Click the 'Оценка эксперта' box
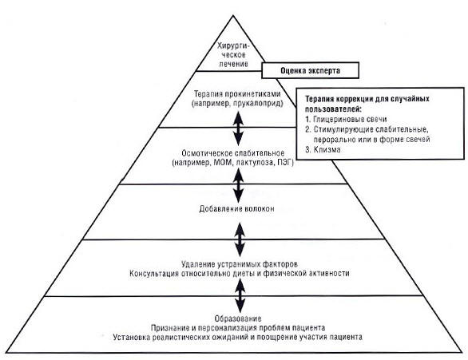[310, 70]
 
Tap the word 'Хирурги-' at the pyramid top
[233, 46]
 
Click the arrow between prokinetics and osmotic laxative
[238, 129]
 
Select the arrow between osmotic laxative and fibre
[238, 185]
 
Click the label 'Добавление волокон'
[236, 209]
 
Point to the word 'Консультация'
[154, 274]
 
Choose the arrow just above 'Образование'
[240, 296]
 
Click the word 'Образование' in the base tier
[238, 318]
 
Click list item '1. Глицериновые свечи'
[346, 119]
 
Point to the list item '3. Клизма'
[323, 149]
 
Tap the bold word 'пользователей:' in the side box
[333, 109]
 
